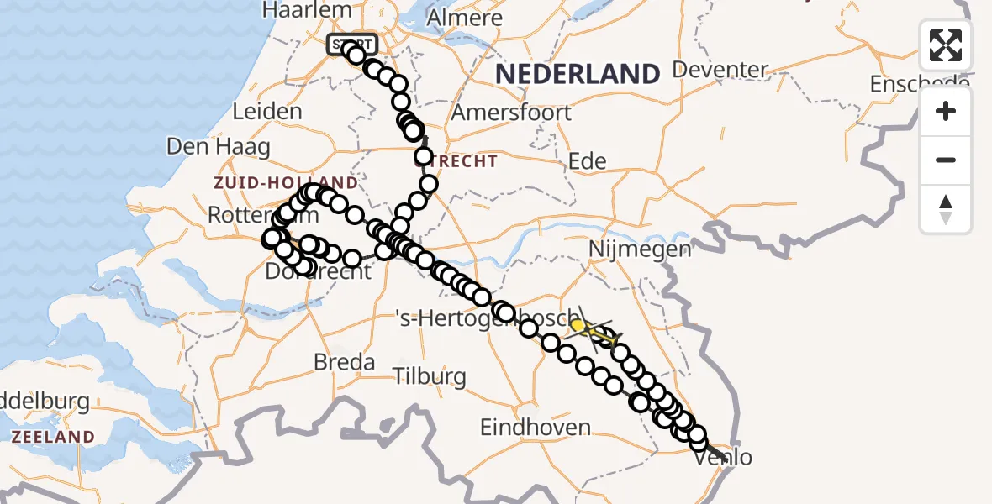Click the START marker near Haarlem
(x=352, y=44)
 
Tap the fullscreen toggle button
(x=946, y=45)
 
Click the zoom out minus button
(x=946, y=160)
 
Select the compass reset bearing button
(x=946, y=209)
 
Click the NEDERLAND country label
(x=577, y=74)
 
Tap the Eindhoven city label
(x=535, y=427)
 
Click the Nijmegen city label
(x=640, y=249)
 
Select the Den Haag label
(x=218, y=147)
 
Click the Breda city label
(x=344, y=362)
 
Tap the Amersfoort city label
(x=511, y=113)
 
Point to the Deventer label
(x=721, y=69)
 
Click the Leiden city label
(x=267, y=112)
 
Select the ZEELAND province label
(x=52, y=437)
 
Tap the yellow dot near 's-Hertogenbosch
(x=578, y=325)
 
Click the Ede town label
(x=588, y=161)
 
